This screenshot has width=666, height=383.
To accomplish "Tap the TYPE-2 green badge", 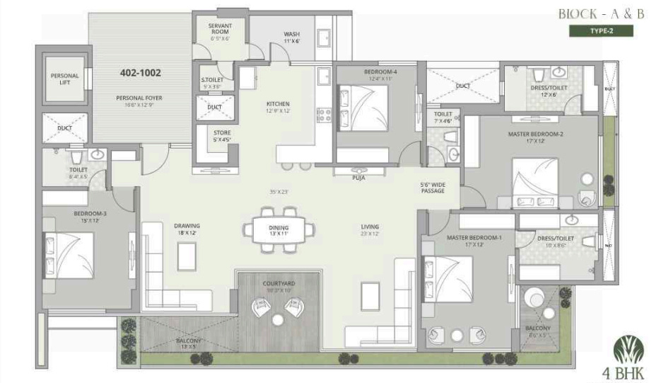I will tap(601, 30).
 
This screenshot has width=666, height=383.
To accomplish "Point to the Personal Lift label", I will tap(64, 79).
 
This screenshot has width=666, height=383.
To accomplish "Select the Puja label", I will tap(358, 178).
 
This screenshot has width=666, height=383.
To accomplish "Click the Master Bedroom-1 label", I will tap(474, 241).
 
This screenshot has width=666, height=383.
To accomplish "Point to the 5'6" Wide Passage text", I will tap(433, 187).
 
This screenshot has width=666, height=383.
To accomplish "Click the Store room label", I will tap(222, 135).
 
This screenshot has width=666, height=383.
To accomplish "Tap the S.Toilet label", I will tap(212, 83).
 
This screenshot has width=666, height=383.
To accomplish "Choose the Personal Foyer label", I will tap(139, 100).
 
